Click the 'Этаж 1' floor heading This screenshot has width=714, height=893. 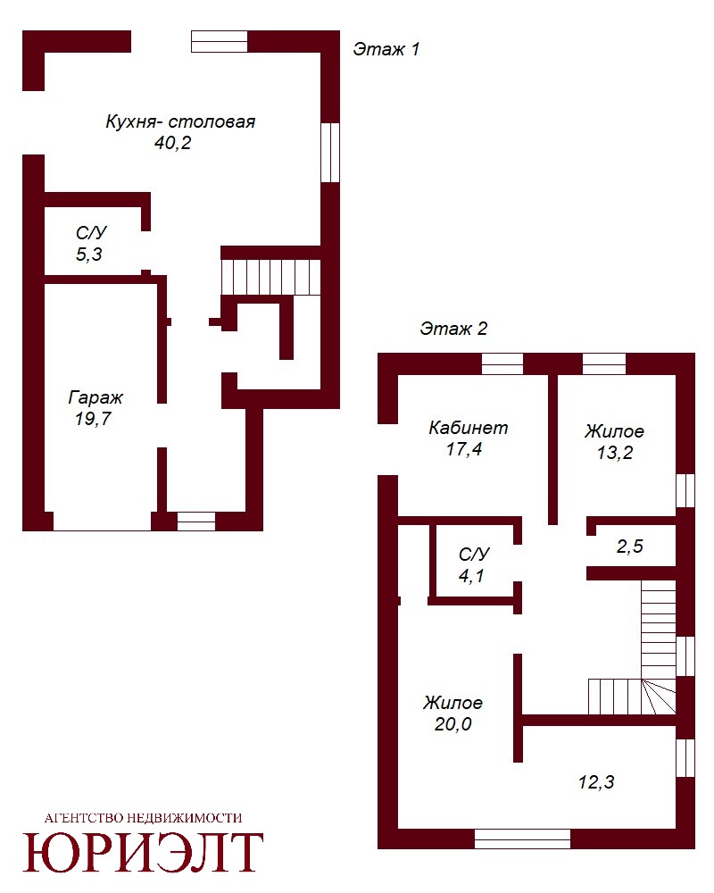click(x=386, y=49)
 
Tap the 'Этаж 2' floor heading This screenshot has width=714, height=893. click(x=453, y=329)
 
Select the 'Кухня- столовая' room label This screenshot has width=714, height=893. click(x=180, y=121)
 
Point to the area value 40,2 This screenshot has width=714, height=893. click(x=172, y=143)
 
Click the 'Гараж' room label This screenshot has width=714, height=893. click(x=95, y=397)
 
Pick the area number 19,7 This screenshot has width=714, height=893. click(x=93, y=419)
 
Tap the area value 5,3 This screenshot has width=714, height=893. click(x=89, y=254)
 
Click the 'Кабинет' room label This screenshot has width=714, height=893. click(x=468, y=428)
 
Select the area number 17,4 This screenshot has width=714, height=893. click(x=464, y=449)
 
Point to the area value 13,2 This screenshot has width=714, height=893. click(x=615, y=453)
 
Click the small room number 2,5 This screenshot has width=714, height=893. click(x=630, y=547)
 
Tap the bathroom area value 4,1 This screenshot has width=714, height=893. click(x=471, y=576)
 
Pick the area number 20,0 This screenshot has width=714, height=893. click(x=453, y=724)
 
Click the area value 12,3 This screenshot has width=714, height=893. click(x=596, y=782)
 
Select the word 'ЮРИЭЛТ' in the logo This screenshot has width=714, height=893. click(x=143, y=852)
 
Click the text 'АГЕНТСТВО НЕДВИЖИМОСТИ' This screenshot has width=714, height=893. click(x=144, y=818)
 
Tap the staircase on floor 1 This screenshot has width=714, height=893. click(x=271, y=277)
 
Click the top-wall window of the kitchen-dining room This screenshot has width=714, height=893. click(x=220, y=42)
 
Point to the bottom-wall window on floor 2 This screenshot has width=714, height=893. click(x=522, y=839)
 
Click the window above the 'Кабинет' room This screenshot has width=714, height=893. click(x=502, y=364)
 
